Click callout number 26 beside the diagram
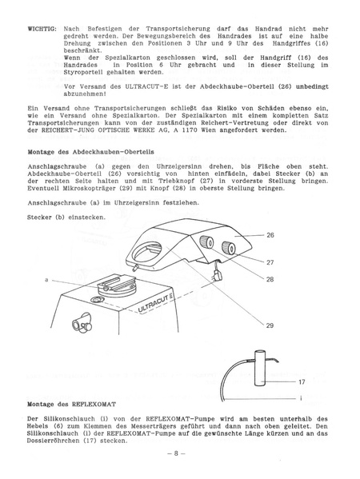(270, 236)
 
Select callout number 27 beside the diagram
(270, 262)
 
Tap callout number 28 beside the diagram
(270, 278)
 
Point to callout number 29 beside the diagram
(270, 325)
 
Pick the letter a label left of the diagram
(47, 279)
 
